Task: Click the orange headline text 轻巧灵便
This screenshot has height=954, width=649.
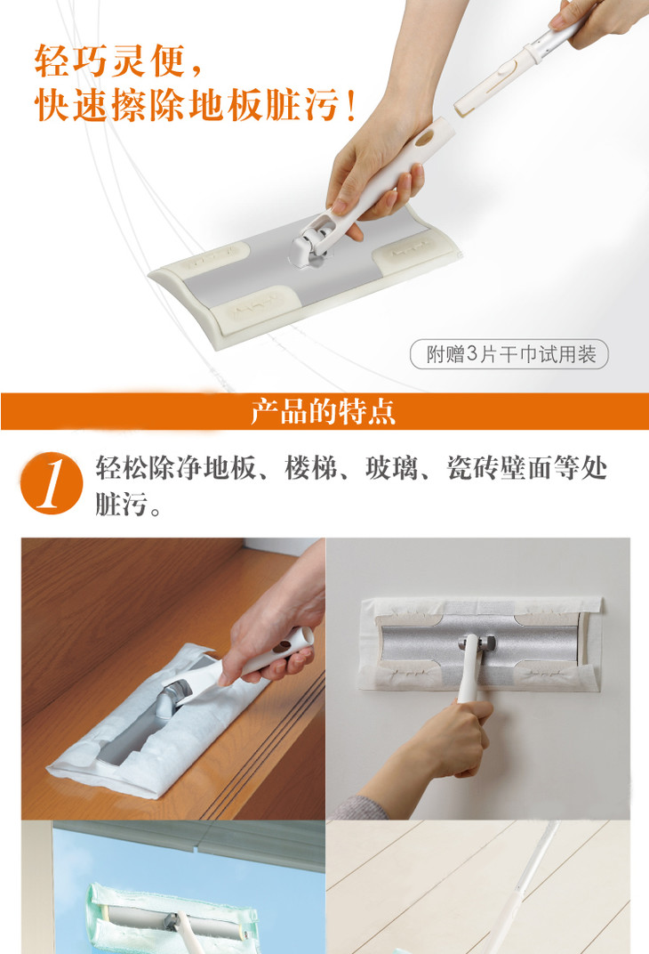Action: point(109,61)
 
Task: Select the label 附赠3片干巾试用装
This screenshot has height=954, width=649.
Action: point(510,354)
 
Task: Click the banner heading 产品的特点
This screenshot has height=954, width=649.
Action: point(324,411)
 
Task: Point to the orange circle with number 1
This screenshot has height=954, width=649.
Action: point(52,483)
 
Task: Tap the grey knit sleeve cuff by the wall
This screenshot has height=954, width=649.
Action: point(359,807)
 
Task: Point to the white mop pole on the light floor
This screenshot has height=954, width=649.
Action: point(523,888)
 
